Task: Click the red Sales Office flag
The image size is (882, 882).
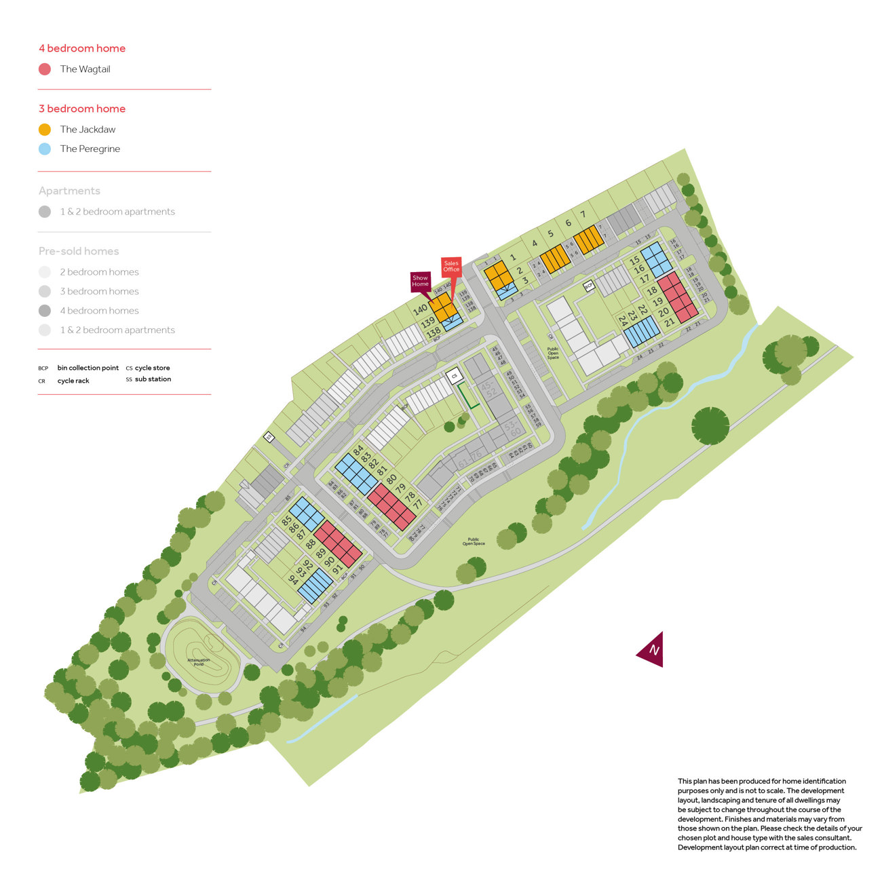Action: point(451,267)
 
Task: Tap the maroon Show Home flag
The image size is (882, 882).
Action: point(420,281)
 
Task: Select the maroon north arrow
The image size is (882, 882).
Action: point(651,650)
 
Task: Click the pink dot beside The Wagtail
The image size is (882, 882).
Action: point(45,69)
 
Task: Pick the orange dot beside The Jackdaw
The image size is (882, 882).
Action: point(45,130)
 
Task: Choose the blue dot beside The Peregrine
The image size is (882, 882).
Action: point(45,149)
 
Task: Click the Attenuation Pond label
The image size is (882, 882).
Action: point(198,661)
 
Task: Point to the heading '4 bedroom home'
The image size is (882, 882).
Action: point(82,48)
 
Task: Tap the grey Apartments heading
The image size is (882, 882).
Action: point(69,191)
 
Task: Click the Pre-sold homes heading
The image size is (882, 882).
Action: point(79,251)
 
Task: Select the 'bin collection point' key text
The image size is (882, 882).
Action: point(88,368)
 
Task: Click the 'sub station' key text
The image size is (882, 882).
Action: point(153,379)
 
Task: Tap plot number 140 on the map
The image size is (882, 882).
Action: point(420,310)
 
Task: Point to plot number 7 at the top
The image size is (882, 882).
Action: point(582,214)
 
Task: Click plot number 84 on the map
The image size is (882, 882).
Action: point(358,450)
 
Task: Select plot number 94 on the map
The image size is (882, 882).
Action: point(294,579)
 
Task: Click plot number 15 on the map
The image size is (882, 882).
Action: point(634,260)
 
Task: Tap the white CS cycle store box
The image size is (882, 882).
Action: point(454,375)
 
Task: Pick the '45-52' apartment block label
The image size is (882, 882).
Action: point(488,389)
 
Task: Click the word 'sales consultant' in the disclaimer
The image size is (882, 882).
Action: point(826,838)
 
